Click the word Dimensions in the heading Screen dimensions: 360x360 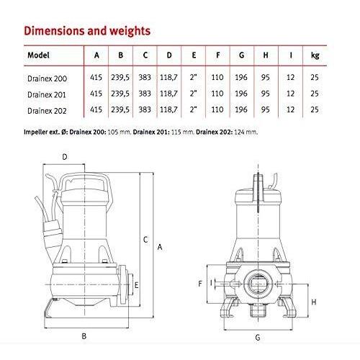coord(53,31)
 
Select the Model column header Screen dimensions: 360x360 coord(38,55)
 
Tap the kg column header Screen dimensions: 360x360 coord(315,55)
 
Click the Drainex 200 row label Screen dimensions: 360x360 coord(47,78)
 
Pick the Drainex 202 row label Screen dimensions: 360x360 coord(47,111)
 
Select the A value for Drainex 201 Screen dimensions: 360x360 coord(96,94)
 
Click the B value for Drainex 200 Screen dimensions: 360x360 coord(120,78)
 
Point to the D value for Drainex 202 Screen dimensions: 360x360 coord(168,109)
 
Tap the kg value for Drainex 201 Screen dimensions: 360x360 coord(315,94)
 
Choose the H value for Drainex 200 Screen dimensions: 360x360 coord(265,78)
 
